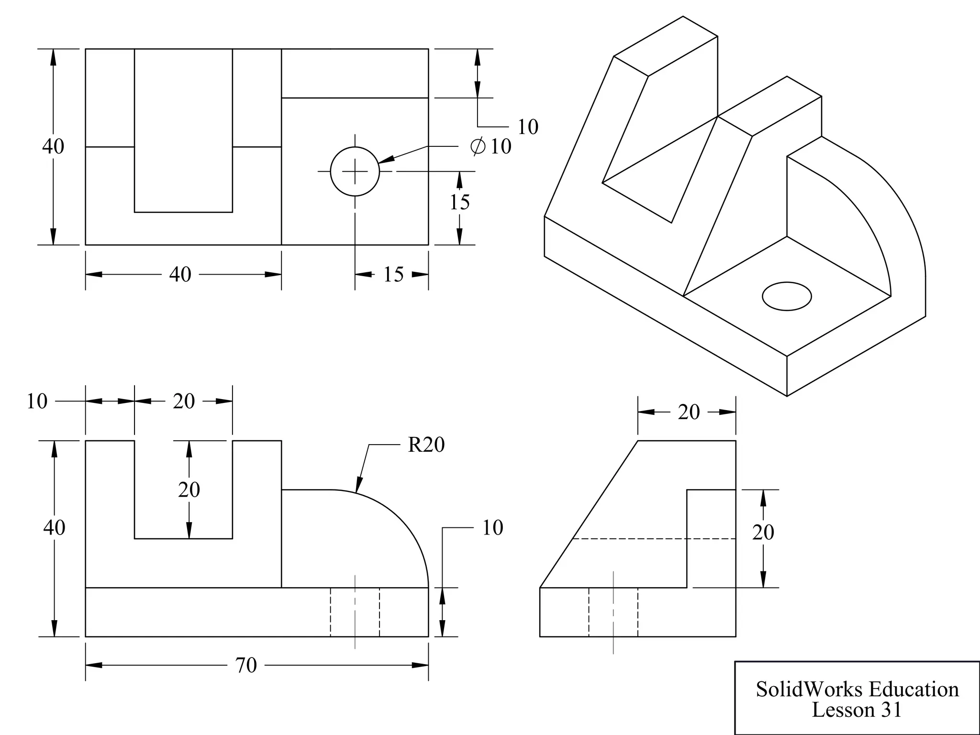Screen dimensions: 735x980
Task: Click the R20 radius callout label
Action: (426, 445)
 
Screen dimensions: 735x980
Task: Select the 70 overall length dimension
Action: (246, 665)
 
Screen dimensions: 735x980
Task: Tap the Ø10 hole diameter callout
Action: (491, 146)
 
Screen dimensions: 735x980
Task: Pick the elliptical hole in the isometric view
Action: (787, 296)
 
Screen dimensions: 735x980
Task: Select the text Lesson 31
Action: (857, 710)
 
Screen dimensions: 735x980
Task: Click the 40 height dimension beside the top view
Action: (53, 146)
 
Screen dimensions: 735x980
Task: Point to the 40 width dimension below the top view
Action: (180, 274)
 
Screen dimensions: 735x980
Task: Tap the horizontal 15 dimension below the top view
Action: (393, 274)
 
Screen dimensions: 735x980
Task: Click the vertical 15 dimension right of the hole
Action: (459, 202)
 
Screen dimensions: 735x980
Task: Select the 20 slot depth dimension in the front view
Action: (189, 490)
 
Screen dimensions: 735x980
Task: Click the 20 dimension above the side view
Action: (689, 412)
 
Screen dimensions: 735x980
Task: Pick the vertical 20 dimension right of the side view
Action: (763, 532)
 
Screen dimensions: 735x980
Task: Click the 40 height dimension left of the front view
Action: (54, 527)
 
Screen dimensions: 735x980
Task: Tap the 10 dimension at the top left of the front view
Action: (37, 401)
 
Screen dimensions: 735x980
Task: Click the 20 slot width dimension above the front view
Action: (184, 401)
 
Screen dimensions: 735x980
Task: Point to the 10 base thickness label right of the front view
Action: (492, 527)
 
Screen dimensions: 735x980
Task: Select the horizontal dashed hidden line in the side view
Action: (654, 539)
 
